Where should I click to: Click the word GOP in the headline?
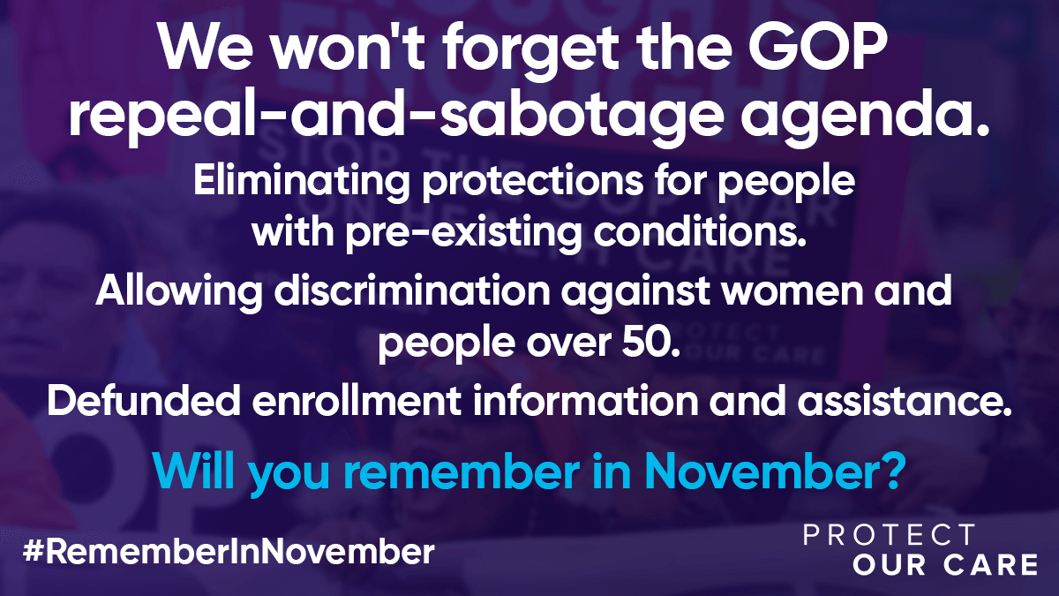[817, 48]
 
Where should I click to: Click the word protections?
[533, 181]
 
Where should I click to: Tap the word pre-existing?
[463, 235]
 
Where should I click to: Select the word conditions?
[700, 230]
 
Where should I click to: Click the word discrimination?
[412, 290]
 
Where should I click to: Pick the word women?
[792, 290]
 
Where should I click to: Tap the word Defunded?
[143, 400]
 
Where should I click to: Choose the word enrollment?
[357, 400]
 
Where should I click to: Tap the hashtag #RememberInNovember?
[229, 551]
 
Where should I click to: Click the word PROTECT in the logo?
[889, 535]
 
